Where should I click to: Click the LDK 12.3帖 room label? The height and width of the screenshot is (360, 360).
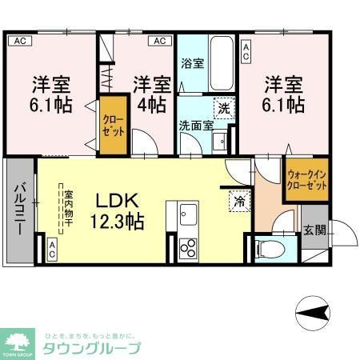tap(121, 210)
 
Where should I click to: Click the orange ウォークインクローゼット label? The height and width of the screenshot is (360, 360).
tap(306, 180)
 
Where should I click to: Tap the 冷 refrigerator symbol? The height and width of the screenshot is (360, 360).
tap(238, 202)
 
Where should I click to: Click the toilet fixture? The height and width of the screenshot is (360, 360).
tap(267, 249)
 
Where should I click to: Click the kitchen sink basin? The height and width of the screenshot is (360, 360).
tap(188, 215)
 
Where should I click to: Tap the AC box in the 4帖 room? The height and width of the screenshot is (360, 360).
tap(159, 41)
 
